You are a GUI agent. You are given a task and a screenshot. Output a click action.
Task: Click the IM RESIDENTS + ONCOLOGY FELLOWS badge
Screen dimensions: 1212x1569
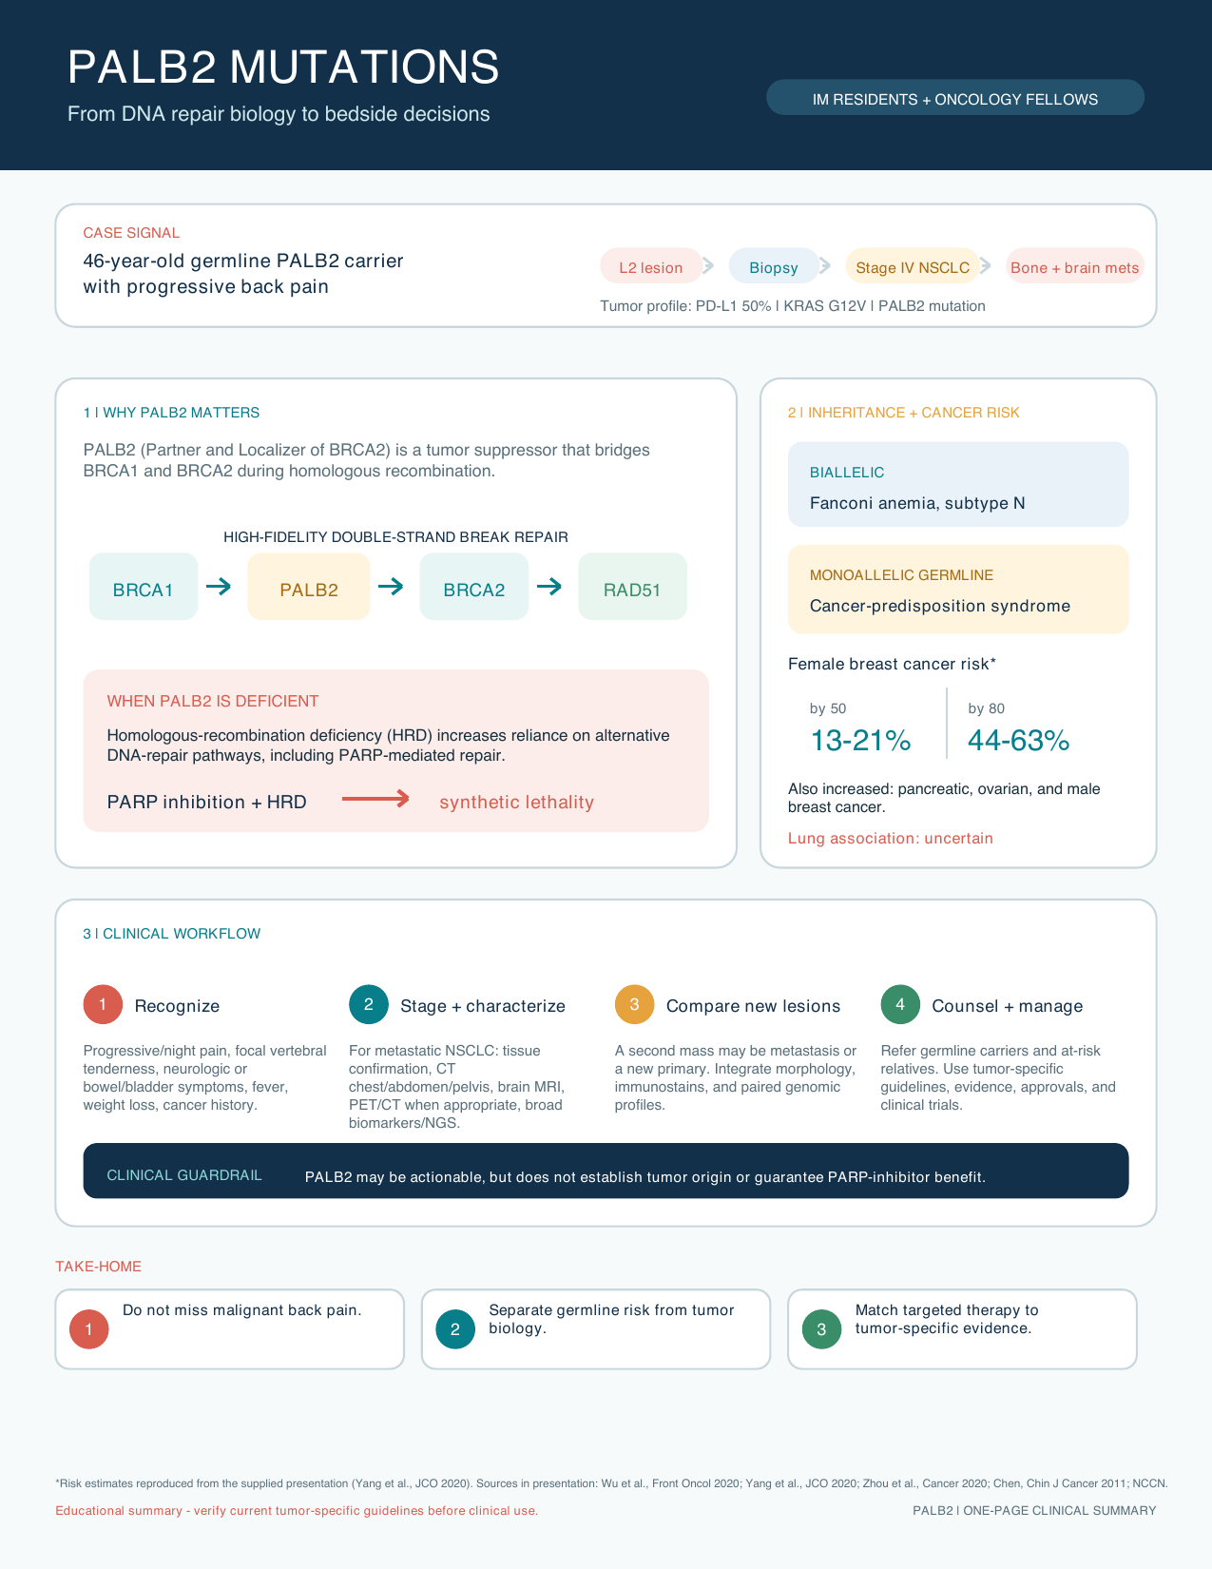click(x=954, y=98)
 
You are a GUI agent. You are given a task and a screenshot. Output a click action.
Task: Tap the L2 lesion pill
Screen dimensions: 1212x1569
click(x=650, y=266)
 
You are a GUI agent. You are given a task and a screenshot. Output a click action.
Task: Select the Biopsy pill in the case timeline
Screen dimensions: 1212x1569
click(x=773, y=266)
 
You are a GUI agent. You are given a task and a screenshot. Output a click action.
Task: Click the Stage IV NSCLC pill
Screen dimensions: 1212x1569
click(x=913, y=266)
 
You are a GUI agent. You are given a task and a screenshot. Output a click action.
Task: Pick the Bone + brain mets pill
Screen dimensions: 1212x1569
click(x=1074, y=266)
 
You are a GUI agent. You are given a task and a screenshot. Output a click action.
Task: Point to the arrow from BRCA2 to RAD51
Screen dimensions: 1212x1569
click(x=549, y=587)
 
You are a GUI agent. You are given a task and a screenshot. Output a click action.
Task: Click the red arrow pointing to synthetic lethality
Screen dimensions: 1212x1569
click(x=375, y=799)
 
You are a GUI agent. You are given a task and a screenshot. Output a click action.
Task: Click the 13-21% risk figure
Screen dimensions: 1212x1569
click(x=860, y=740)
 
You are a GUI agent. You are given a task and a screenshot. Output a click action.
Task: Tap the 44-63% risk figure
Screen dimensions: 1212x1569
click(x=1018, y=740)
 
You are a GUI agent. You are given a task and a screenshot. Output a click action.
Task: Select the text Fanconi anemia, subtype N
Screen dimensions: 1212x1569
click(x=916, y=503)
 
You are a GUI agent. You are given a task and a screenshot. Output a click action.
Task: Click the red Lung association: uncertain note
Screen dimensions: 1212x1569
click(x=890, y=839)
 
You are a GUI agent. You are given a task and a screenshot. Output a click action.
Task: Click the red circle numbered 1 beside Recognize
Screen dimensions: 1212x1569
click(x=103, y=1004)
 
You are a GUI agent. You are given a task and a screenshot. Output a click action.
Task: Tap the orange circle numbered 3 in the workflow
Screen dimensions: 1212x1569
click(x=634, y=1004)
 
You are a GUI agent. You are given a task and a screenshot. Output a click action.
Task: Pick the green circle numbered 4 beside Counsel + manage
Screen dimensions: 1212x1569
click(x=900, y=1004)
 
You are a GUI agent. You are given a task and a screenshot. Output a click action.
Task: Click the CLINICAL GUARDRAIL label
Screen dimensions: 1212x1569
click(x=184, y=1175)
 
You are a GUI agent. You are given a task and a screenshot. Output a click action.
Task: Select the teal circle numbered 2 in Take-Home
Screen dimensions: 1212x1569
click(x=455, y=1329)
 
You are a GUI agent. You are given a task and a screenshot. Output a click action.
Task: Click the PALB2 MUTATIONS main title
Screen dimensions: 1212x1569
click(x=283, y=68)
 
